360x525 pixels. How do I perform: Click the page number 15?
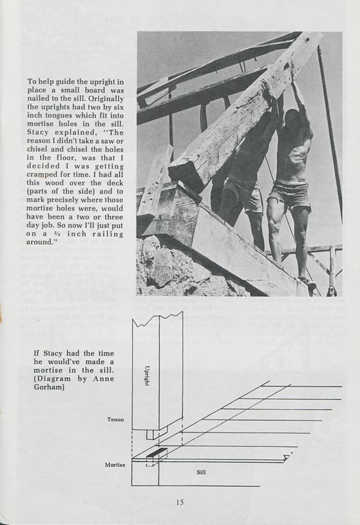(x=180, y=503)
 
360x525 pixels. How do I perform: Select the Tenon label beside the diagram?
(x=115, y=419)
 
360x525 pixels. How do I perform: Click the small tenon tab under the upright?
(x=151, y=434)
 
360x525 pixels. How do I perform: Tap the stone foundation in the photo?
(x=170, y=269)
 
